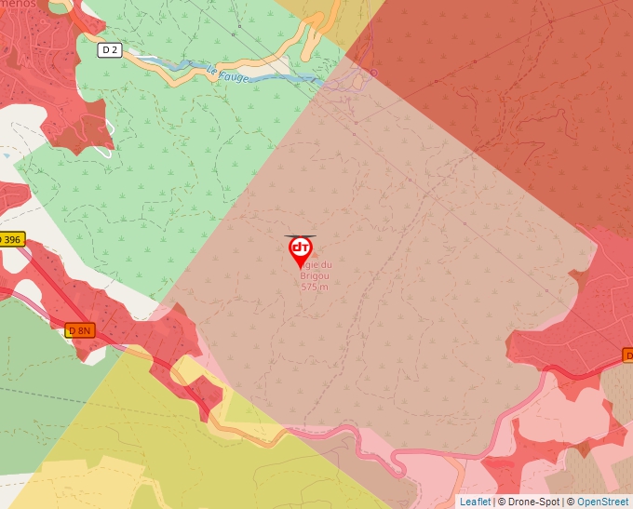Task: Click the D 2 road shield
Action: pyautogui.click(x=111, y=49)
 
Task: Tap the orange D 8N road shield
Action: pyautogui.click(x=80, y=330)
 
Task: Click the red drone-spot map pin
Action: pyautogui.click(x=301, y=250)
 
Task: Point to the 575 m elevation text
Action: pyautogui.click(x=315, y=288)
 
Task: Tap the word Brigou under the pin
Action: pyautogui.click(x=316, y=276)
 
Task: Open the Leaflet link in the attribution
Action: pyautogui.click(x=475, y=502)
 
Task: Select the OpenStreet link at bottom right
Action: pyautogui.click(x=602, y=502)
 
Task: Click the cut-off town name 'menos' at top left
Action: pyautogui.click(x=20, y=5)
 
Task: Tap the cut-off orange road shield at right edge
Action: pyautogui.click(x=627, y=355)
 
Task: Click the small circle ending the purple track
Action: pyautogui.click(x=373, y=71)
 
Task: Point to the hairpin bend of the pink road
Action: pyautogui.click(x=396, y=462)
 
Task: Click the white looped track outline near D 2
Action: pyautogui.click(x=104, y=140)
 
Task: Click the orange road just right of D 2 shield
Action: pyautogui.click(x=140, y=56)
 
